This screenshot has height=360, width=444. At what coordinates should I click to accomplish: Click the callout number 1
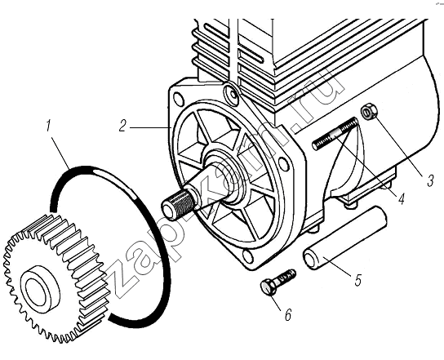point(48,126)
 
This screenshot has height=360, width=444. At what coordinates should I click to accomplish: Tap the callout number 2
point(122,126)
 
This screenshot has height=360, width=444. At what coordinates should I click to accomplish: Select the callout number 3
point(430,180)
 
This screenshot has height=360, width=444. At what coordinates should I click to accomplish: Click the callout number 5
point(357,279)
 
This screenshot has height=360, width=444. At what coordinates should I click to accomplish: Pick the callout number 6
point(288,314)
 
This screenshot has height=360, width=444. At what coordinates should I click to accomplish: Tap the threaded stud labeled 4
point(335,133)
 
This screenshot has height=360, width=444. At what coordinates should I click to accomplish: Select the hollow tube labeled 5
point(345,238)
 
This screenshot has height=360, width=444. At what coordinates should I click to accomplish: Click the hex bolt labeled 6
point(277,282)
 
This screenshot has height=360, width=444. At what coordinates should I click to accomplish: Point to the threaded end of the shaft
point(178,202)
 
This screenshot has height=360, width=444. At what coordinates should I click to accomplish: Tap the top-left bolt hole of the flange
point(178,99)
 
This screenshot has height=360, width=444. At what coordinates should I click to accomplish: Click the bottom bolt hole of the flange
point(248,256)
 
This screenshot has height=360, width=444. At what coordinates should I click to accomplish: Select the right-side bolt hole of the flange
point(283,163)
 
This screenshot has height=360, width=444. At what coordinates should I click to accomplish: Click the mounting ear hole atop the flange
point(231,93)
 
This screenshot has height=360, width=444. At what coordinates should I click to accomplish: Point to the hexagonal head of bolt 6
point(267,287)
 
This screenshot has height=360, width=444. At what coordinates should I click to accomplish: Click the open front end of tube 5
point(311,259)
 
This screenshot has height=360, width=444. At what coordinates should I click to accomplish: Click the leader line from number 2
point(151,127)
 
